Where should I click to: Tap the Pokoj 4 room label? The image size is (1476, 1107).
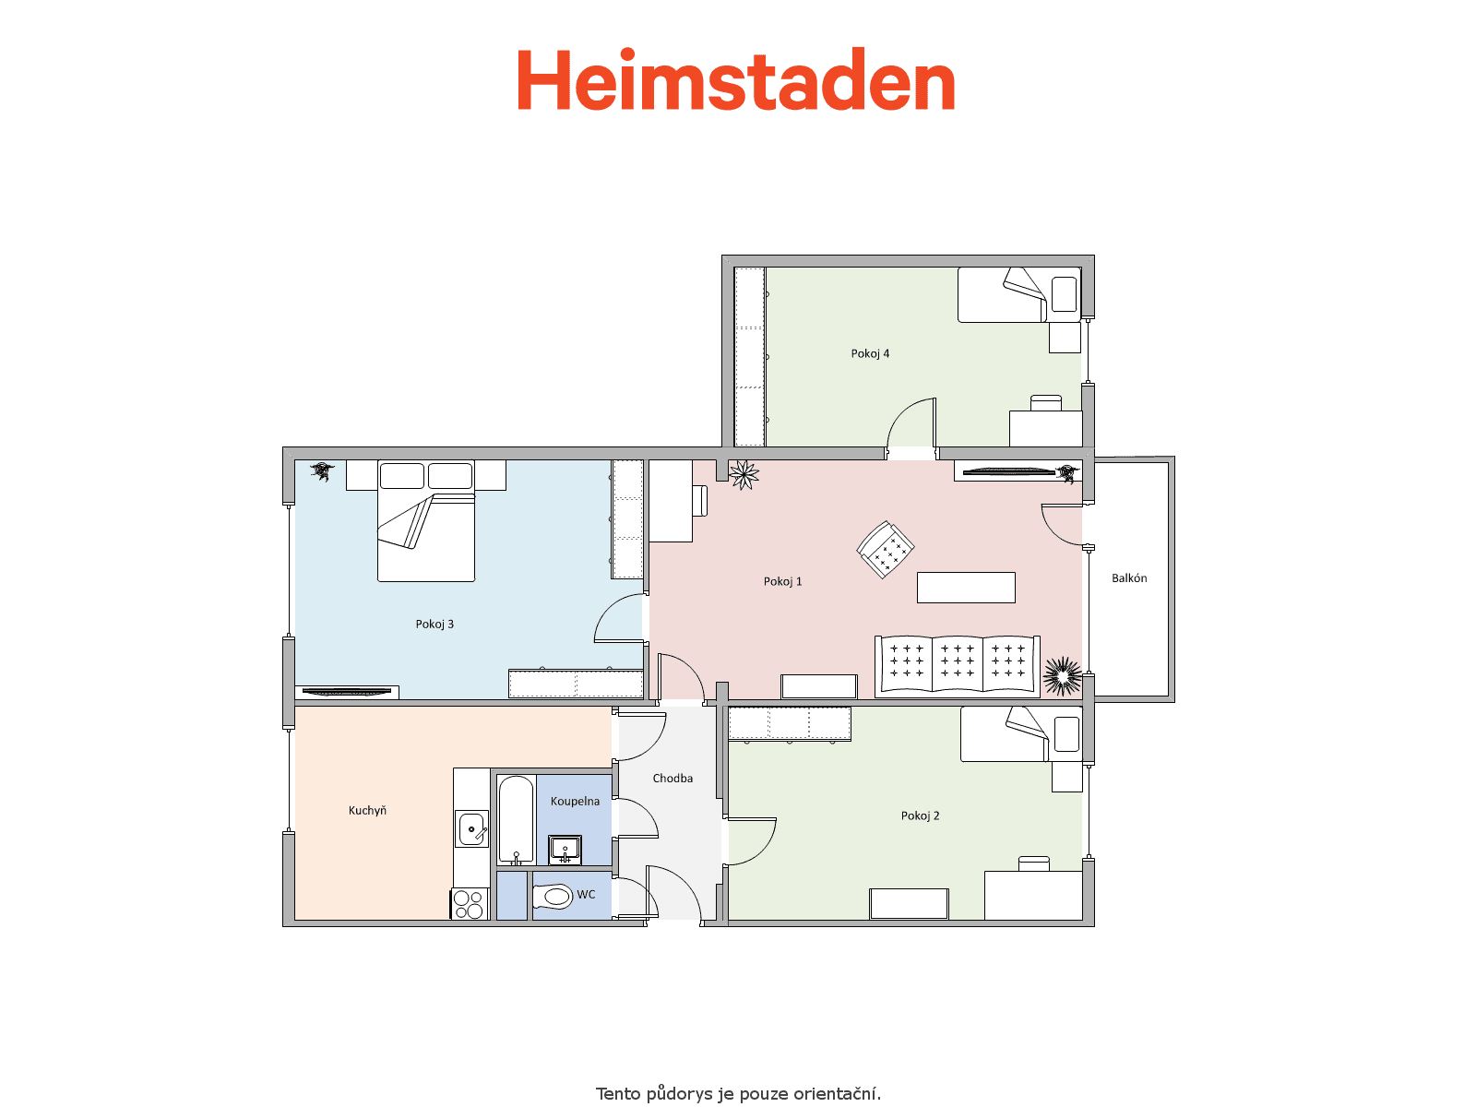870,353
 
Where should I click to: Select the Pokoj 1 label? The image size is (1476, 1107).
782,581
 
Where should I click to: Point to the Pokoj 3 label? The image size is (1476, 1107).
434,624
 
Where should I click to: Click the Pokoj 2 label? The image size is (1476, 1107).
920,815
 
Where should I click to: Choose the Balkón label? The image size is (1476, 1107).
1129,578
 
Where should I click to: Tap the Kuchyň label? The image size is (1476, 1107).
367,810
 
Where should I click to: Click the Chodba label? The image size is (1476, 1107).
673,778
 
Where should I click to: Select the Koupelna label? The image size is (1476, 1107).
575,801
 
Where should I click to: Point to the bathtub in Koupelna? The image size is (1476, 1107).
516,819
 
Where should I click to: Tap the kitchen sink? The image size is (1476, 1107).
472,828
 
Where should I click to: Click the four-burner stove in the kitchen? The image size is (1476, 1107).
469,904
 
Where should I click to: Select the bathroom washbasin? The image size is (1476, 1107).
565,851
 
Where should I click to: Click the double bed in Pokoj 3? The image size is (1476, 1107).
425,521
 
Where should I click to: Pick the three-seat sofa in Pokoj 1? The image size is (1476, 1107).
957,664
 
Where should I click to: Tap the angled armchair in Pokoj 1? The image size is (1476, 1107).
885,550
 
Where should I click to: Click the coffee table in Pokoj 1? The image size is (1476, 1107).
966,588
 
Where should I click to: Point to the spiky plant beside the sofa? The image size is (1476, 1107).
1063,675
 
